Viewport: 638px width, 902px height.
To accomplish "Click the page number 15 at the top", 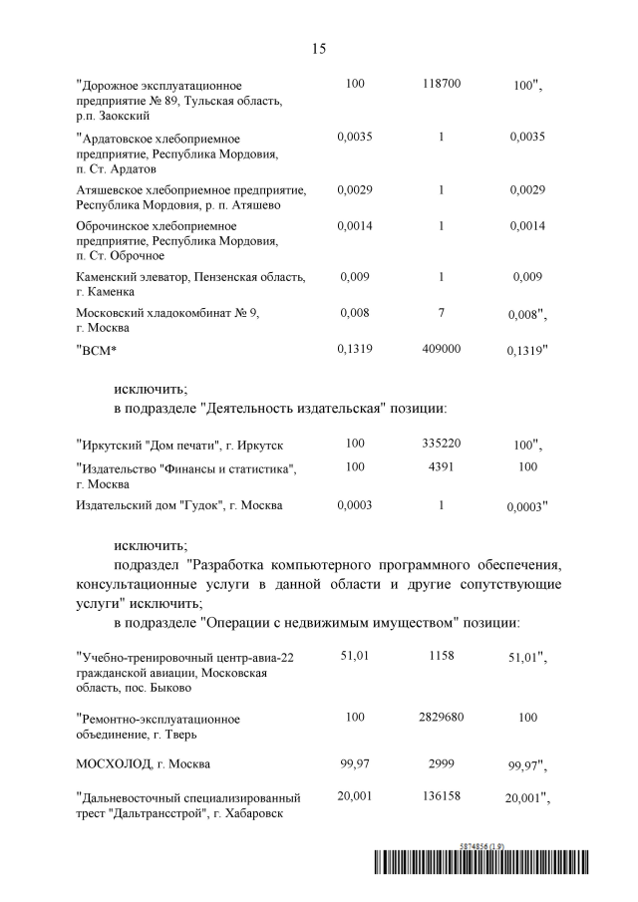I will (319, 47).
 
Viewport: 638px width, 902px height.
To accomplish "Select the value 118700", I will (441, 85).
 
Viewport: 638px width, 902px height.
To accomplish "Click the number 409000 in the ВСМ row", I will (441, 349).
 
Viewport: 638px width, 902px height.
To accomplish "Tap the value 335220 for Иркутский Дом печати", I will (441, 442).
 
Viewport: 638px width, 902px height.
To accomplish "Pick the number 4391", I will (441, 465).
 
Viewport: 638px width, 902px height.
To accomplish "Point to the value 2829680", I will (441, 717).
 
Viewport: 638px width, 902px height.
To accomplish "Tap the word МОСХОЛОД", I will (116, 764).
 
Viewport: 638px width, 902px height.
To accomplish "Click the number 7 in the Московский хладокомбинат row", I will (441, 312).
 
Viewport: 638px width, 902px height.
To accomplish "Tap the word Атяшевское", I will (112, 189).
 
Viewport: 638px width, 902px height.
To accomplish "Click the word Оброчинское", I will (114, 226).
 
